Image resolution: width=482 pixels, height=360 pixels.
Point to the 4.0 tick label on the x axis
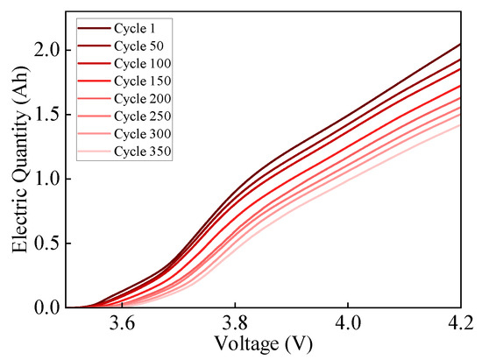348,324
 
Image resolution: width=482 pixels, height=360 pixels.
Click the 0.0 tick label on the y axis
47,307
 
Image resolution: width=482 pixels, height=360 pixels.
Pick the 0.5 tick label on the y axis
47,244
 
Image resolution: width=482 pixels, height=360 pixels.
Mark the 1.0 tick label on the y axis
47,179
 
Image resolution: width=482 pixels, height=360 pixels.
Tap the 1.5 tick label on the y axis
47,115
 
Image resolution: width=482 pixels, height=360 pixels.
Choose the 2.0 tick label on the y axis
47,51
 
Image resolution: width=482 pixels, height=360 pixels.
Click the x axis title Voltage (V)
264,345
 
